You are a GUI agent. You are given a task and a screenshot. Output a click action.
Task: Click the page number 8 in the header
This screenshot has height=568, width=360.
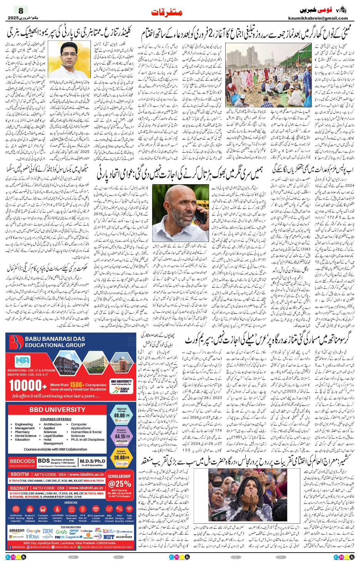click(x=21, y=11)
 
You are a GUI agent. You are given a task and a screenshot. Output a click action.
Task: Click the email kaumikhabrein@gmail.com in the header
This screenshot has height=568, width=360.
click(x=318, y=18)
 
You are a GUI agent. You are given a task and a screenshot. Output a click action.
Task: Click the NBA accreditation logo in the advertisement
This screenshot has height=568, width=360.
click(x=22, y=361)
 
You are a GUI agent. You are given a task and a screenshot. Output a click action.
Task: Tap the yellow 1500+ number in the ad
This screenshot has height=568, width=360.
click(x=76, y=385)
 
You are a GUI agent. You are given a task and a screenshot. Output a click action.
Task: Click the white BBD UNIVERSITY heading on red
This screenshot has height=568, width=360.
click(x=57, y=410)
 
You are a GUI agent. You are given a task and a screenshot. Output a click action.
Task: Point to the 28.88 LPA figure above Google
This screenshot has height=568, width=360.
click(x=121, y=458)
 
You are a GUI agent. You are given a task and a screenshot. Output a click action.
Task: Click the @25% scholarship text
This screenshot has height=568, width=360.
click(x=120, y=484)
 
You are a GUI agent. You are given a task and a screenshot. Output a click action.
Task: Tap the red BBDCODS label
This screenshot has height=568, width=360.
click(x=22, y=461)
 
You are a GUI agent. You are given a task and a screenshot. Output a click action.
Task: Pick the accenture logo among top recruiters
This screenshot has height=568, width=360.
click(x=124, y=536)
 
